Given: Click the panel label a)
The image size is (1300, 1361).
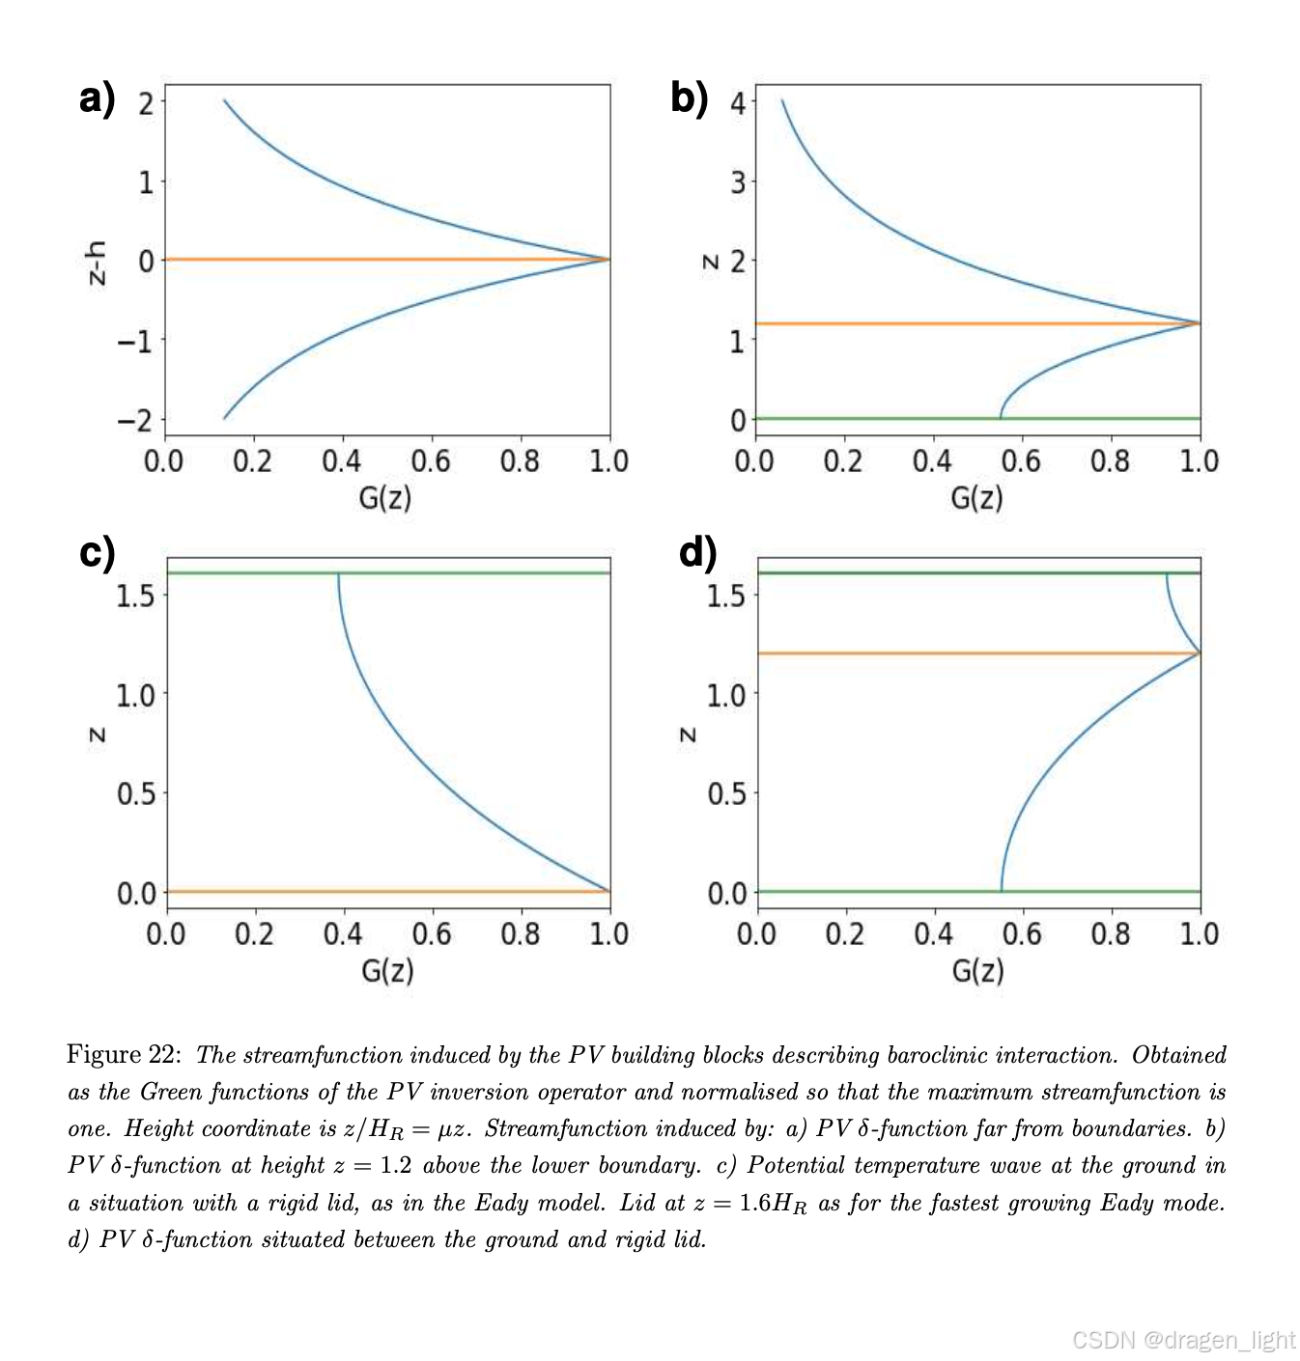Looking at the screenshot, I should [97, 98].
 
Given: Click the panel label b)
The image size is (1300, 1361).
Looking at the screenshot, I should [689, 98].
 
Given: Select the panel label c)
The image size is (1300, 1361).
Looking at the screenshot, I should [97, 553].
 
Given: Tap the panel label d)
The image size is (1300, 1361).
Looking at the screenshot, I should [697, 553].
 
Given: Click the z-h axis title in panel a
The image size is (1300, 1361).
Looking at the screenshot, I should [96, 263].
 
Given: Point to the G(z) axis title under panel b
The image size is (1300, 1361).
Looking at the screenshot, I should [976, 498].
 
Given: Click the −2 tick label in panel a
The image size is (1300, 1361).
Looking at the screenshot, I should [135, 421].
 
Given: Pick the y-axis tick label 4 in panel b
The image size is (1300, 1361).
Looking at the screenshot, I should [739, 102].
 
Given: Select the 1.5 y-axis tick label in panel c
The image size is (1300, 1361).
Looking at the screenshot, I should [135, 596].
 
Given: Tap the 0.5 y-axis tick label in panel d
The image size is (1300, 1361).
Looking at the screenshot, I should [726, 794].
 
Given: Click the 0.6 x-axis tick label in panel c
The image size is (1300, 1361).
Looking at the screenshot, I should [432, 934].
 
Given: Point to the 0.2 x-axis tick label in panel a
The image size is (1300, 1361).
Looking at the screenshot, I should [253, 461].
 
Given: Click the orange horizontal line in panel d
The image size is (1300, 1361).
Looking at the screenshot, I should [966, 653].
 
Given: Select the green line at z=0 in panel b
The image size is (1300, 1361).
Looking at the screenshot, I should [869, 419].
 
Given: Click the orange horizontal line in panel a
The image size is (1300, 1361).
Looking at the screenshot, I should [386, 260].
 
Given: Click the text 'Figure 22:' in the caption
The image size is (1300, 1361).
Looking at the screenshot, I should [123, 1054].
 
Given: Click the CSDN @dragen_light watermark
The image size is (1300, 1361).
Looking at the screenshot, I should [1183, 1340].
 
